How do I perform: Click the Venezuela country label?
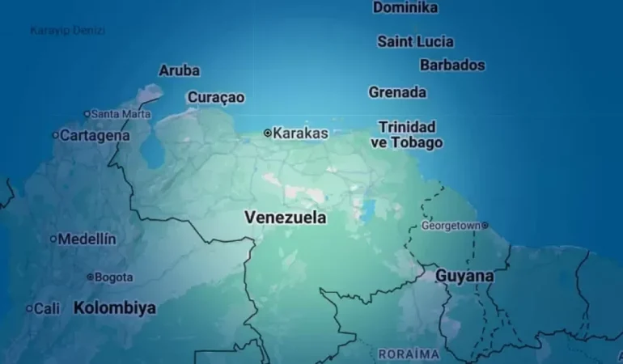286,218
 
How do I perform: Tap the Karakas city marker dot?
268,133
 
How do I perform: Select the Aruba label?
180,70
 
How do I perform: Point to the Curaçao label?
216,97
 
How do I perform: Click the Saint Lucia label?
415,41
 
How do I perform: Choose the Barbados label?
452,65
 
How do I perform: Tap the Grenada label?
397,92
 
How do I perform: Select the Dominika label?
405,7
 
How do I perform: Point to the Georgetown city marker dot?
485,226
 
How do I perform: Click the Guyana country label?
464,276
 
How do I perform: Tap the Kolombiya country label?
115,308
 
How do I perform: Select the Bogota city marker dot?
90,277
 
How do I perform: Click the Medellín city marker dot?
53,239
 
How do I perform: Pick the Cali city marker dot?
29,308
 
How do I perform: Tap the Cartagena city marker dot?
56,135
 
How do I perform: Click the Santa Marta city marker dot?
87,114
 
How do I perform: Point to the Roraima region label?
409,354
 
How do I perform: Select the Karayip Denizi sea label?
68,31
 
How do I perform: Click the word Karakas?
301,133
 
